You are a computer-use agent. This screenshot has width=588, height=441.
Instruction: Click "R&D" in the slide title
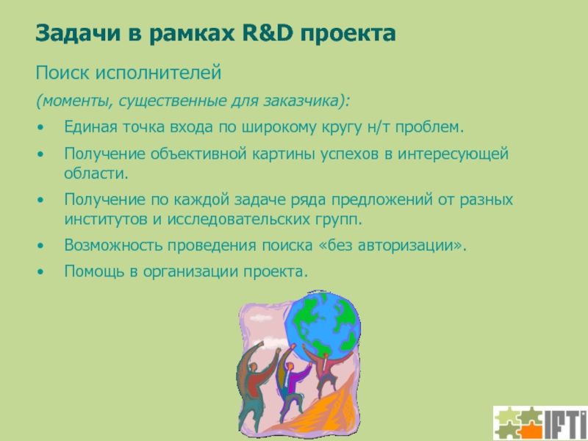[x=267, y=32]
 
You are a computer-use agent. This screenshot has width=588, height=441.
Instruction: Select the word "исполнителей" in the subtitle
[x=158, y=73]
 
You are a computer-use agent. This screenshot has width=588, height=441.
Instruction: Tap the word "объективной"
[x=198, y=154]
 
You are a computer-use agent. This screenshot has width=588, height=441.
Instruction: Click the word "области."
[x=96, y=173]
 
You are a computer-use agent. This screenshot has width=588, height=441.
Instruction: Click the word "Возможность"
[x=113, y=245]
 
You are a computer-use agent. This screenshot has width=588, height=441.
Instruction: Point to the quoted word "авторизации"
[x=406, y=246]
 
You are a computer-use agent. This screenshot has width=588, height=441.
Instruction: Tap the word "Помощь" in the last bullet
[x=94, y=271]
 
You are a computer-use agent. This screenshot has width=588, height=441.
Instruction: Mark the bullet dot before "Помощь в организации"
[x=40, y=271]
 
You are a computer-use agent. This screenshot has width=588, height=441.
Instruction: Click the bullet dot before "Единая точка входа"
[x=40, y=127]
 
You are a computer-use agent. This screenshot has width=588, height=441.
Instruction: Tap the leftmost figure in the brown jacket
[x=255, y=387]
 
